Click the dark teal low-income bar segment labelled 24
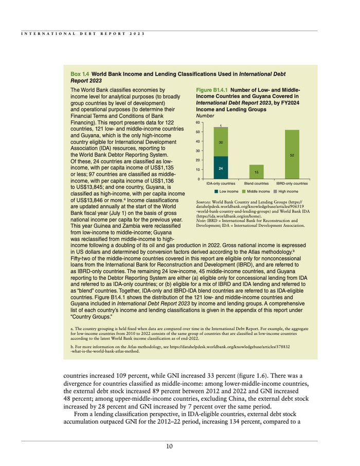pyautogui.click(x=220, y=168)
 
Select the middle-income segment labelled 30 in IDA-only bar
pyautogui.click(x=220, y=142)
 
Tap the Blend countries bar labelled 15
pyautogui.click(x=256, y=172)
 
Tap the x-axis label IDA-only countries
pyautogui.click(x=221, y=183)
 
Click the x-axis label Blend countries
pyautogui.click(x=256, y=183)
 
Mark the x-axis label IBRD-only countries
pyautogui.click(x=292, y=183)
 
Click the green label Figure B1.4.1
pyautogui.click(x=212, y=90)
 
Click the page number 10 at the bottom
pyautogui.click(x=169, y=446)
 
